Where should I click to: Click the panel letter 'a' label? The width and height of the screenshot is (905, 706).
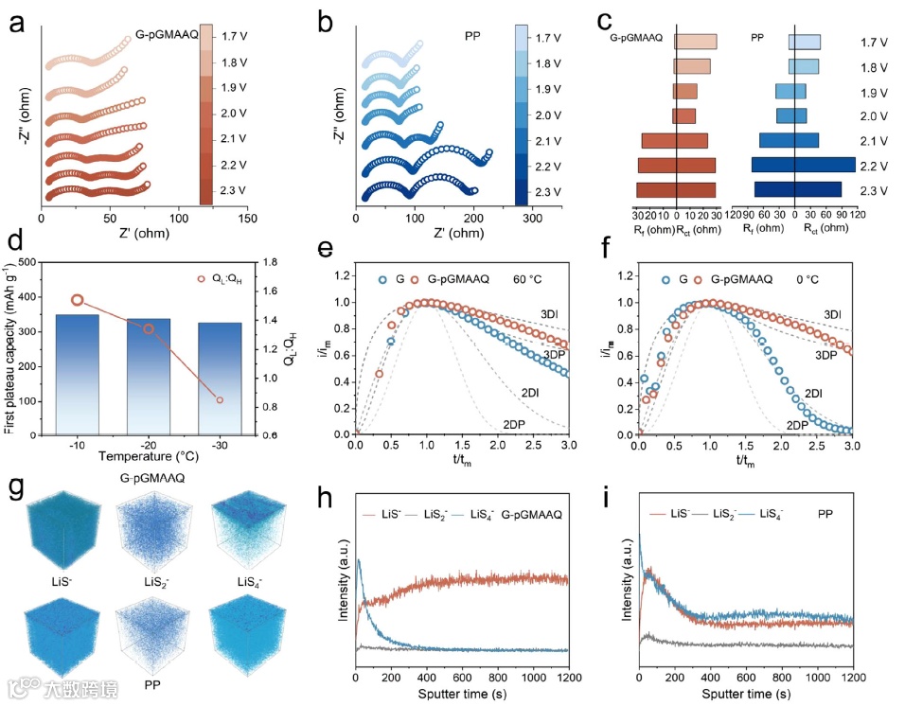point(16,24)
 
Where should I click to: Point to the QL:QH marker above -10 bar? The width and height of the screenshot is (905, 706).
point(78,300)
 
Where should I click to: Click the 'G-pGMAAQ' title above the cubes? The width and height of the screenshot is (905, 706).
point(151,479)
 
